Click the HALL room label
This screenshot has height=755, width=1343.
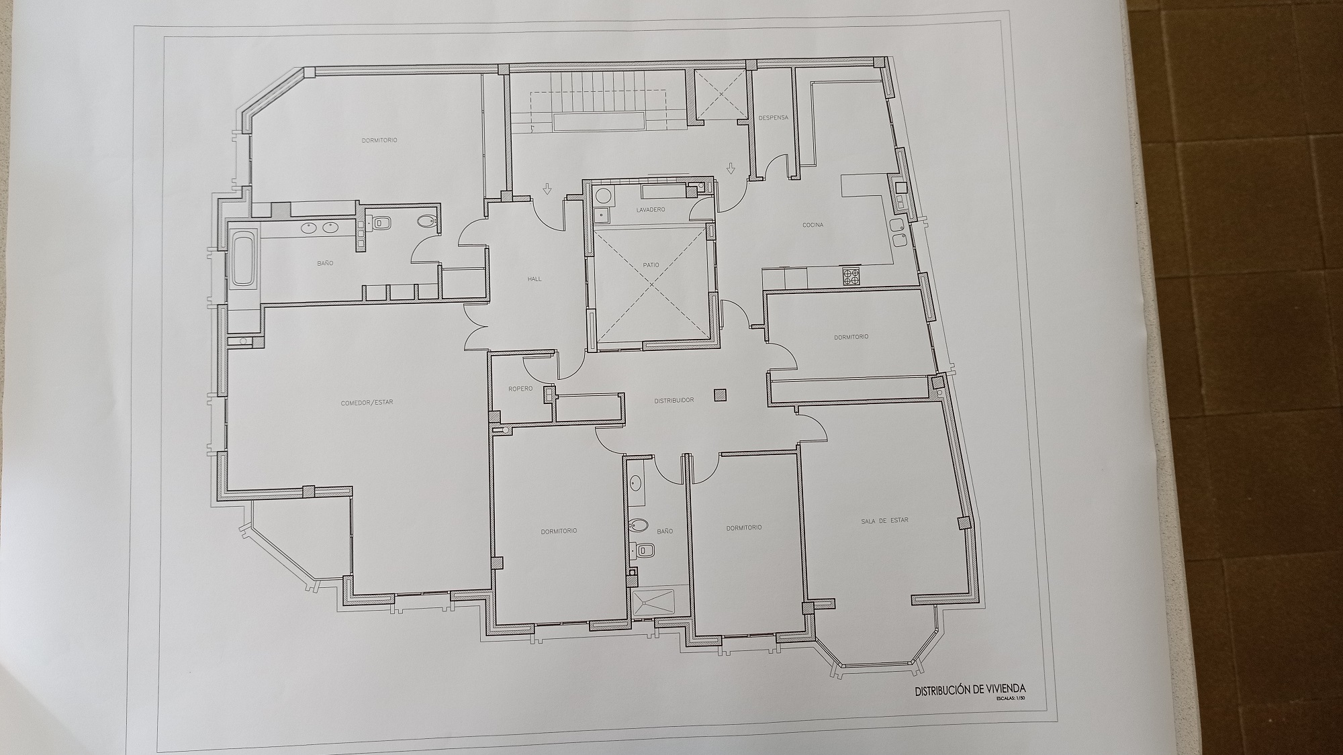pos(535,279)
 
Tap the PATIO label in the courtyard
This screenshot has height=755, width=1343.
pos(651,265)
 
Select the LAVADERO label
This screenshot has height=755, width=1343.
pos(651,210)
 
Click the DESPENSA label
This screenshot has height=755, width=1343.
pos(773,118)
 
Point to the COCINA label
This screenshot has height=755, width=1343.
pos(813,225)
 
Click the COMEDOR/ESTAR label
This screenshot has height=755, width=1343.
pos(367,403)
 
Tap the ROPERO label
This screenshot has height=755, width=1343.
pos(520,389)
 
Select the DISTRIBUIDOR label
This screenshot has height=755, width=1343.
pos(674,401)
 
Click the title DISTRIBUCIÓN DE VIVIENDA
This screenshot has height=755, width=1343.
pos(970,689)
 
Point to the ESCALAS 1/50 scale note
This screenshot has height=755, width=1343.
pos(1011,699)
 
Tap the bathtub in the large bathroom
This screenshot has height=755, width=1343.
pos(244,258)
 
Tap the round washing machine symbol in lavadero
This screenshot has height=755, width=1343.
pos(603,196)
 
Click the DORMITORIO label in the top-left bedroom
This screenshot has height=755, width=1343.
pos(379,140)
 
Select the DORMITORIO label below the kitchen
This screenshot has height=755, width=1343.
pos(851,336)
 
